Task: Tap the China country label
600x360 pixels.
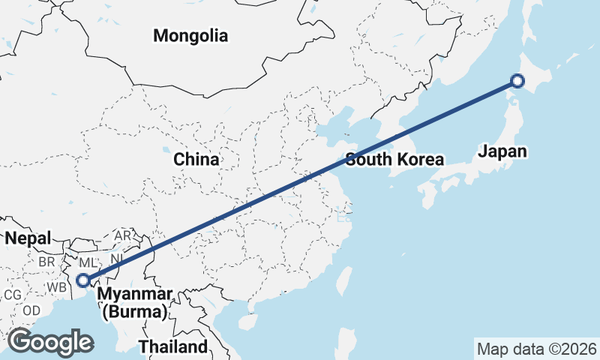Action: [196, 160]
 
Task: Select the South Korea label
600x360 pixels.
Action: [395, 160]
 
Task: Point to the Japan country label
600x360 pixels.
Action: [502, 151]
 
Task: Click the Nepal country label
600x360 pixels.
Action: [28, 238]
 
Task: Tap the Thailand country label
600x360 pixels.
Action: [172, 347]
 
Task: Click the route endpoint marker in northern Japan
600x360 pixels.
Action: [517, 81]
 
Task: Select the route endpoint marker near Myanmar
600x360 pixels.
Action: [83, 280]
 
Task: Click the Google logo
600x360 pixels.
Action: [50, 342]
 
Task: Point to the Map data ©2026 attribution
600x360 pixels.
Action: [537, 349]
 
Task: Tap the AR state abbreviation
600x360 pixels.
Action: [123, 235]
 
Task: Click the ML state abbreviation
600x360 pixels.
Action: [88, 263]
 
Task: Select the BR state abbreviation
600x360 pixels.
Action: [46, 262]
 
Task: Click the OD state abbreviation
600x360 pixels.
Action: [31, 310]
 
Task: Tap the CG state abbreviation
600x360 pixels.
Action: [12, 295]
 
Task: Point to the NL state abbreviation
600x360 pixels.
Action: [117, 259]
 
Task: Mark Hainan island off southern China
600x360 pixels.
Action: [247, 321]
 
